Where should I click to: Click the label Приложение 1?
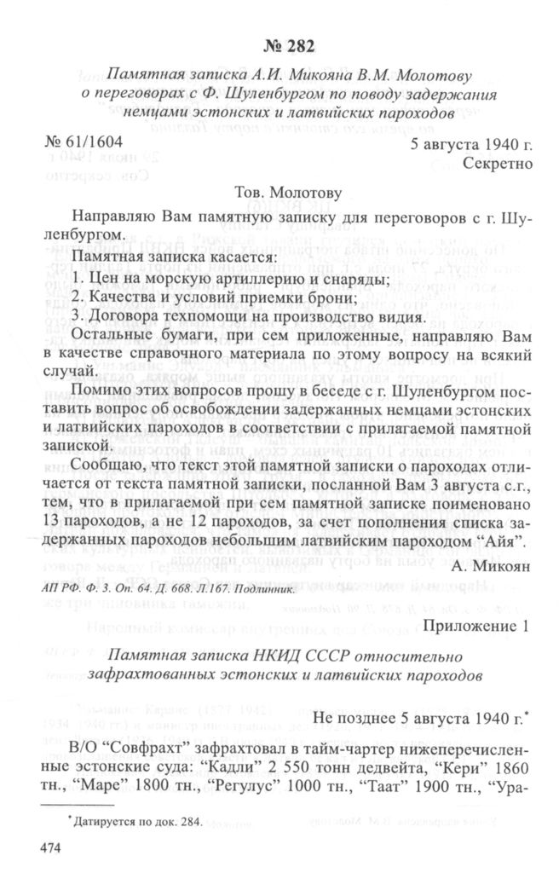pos(476,628)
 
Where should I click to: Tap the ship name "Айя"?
pos(510,541)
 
